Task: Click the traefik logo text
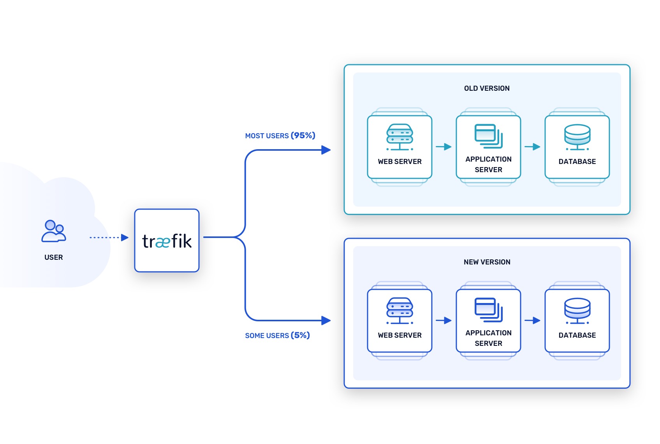(x=167, y=241)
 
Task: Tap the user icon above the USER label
(x=54, y=231)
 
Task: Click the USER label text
(x=54, y=257)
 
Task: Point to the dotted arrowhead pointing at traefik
(x=125, y=238)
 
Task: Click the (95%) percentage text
(x=303, y=136)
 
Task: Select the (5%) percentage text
(x=300, y=335)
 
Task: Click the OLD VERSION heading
(x=487, y=88)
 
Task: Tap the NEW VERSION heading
(x=487, y=262)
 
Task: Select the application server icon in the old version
(x=488, y=136)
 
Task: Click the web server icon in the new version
(x=400, y=311)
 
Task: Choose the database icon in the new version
(x=577, y=311)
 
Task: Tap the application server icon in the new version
(x=488, y=310)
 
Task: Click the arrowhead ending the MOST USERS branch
(x=326, y=150)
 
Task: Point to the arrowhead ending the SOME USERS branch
(x=326, y=321)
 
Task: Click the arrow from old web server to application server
(x=444, y=147)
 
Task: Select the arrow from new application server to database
(x=532, y=321)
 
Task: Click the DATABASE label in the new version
(x=577, y=335)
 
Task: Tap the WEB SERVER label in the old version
(x=400, y=162)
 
